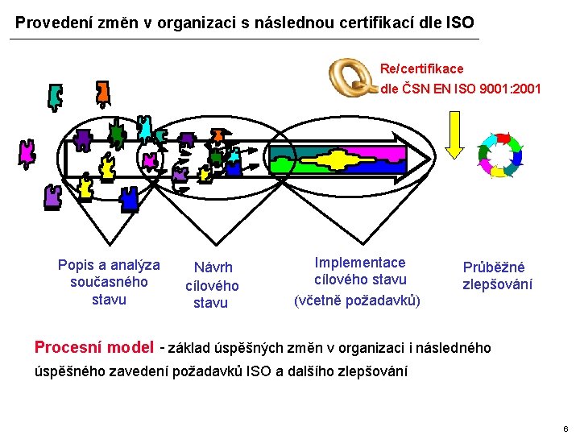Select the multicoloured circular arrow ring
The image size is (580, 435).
(x=499, y=155)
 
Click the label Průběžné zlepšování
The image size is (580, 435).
(x=496, y=275)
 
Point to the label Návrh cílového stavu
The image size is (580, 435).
(x=212, y=285)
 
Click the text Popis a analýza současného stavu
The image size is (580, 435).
(x=109, y=282)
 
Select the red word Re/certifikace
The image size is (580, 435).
(x=422, y=69)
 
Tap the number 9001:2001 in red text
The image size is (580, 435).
(x=512, y=89)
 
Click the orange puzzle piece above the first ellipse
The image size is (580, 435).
(x=102, y=93)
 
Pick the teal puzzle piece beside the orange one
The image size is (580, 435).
(x=55, y=97)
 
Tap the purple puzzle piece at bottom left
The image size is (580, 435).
(x=53, y=196)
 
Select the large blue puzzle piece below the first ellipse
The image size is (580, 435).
(x=129, y=196)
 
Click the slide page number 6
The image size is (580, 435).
(x=566, y=429)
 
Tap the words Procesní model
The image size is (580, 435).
(x=93, y=347)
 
